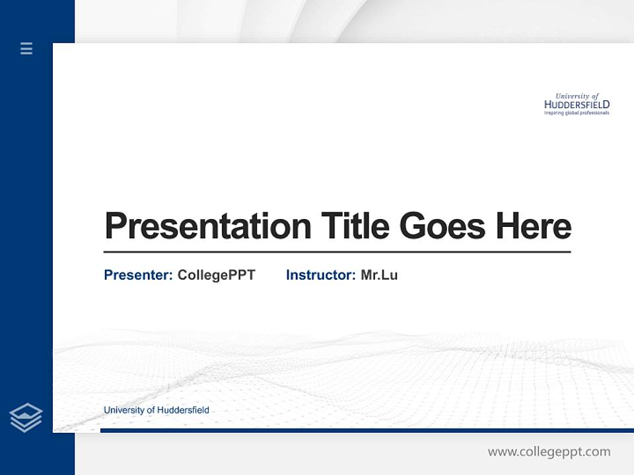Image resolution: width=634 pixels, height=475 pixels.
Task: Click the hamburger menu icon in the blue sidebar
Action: (x=26, y=48)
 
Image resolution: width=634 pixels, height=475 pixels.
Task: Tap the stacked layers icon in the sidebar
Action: (x=26, y=418)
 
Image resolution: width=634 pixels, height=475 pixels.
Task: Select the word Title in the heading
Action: (x=355, y=226)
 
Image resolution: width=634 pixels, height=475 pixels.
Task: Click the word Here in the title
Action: (x=534, y=226)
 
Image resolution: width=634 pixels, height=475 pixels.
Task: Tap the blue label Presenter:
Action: (x=138, y=275)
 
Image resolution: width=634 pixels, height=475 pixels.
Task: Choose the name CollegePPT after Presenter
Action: (x=216, y=275)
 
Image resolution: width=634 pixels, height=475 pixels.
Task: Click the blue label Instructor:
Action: (x=320, y=275)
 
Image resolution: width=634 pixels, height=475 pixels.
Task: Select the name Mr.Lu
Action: (x=379, y=275)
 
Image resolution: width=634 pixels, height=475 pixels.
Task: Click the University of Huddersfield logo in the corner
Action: (x=577, y=104)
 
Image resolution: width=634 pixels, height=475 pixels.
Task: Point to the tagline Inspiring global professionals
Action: (x=577, y=113)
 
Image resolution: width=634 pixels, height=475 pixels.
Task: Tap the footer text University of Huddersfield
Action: (x=157, y=410)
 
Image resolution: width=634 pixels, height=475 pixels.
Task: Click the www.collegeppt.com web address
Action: (x=549, y=452)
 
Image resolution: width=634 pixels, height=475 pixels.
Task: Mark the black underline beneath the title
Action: (x=337, y=251)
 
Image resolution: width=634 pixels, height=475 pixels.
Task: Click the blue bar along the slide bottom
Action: (x=367, y=430)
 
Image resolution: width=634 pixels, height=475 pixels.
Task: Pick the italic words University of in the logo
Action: (x=577, y=96)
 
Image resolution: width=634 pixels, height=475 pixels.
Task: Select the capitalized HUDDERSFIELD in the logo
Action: (x=577, y=104)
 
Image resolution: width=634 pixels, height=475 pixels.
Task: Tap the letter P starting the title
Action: (x=116, y=226)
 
